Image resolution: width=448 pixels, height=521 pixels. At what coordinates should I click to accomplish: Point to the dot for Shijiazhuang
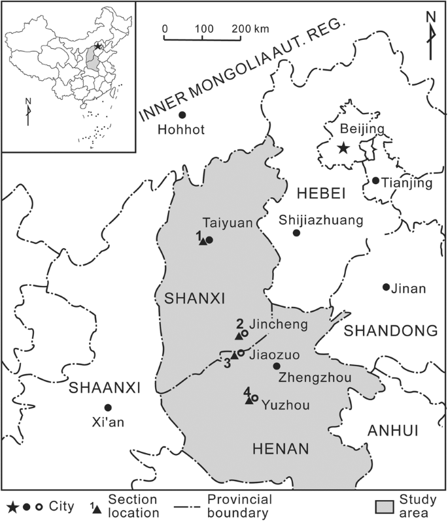[296, 232]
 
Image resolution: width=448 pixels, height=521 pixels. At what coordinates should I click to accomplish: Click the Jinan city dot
[386, 287]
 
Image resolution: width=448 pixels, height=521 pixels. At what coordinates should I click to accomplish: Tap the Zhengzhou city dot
[277, 366]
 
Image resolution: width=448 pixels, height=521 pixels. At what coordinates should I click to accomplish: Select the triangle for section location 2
[239, 336]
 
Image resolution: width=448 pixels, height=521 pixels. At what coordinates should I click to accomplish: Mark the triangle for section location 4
[249, 400]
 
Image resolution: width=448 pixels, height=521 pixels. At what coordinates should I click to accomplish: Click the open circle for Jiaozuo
[241, 353]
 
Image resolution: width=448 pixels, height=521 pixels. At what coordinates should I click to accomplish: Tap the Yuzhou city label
[284, 405]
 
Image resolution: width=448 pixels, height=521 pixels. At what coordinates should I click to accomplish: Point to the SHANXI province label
[195, 299]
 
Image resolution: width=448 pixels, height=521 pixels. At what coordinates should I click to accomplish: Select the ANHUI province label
[392, 429]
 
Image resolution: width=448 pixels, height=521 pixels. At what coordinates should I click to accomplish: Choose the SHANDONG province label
[390, 331]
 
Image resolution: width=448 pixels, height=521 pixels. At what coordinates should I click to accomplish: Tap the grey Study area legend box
[387, 507]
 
